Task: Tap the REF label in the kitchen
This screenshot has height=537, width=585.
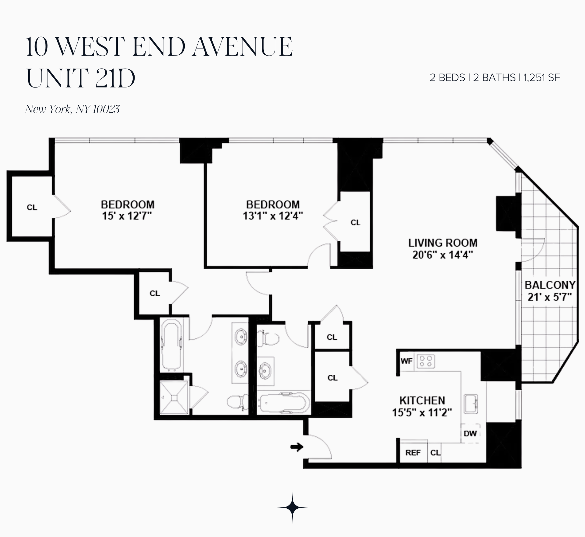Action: tap(413, 453)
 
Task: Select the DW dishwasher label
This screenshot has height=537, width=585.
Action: tap(470, 434)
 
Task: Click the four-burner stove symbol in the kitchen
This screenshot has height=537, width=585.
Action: tap(426, 361)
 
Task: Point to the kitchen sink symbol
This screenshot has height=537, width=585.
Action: tap(471, 404)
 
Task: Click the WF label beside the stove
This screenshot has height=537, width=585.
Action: tap(406, 361)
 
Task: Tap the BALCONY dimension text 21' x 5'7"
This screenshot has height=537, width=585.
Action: tap(549, 297)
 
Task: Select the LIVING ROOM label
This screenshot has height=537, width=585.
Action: tap(442, 243)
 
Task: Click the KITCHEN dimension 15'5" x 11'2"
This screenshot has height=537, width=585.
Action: tap(422, 413)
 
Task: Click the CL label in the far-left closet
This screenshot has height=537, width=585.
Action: tap(32, 208)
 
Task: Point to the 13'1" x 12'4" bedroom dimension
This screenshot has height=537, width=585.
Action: tap(273, 216)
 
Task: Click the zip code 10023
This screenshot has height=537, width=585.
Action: tap(107, 109)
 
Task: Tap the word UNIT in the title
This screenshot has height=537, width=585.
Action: tap(57, 78)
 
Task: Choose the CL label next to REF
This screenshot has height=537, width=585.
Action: tap(435, 453)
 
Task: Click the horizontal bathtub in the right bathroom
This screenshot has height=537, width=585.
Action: tap(284, 403)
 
